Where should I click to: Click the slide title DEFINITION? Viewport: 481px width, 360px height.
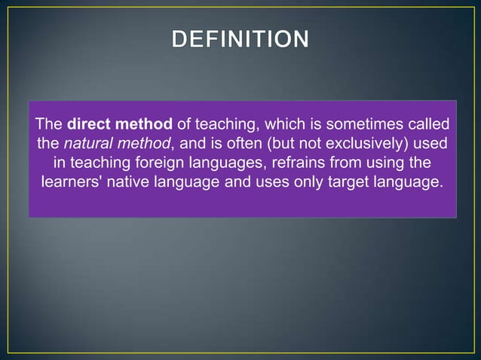click(240, 38)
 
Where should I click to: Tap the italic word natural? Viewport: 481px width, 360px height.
click(86, 143)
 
